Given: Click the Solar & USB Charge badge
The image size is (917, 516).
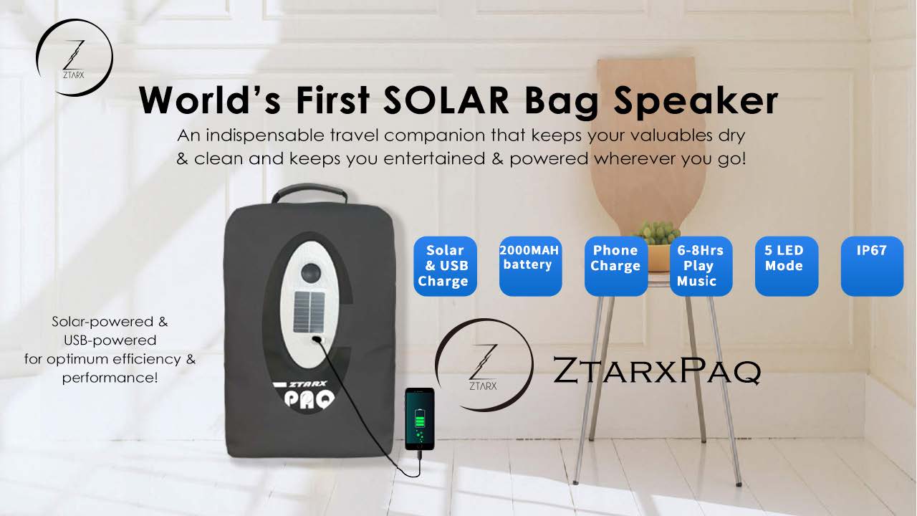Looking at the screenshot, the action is [x=445, y=266].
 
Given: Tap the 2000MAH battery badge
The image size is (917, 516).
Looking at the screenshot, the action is [x=530, y=266].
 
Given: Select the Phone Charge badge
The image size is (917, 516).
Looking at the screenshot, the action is [x=615, y=266].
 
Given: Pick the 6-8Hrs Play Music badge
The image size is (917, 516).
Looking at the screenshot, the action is [x=701, y=266].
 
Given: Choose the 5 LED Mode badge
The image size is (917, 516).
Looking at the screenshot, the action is [x=787, y=266].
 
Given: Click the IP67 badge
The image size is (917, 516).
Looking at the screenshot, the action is [x=872, y=266].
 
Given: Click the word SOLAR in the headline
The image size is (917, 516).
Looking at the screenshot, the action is [x=446, y=101].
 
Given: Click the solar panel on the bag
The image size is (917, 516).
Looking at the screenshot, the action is [x=309, y=312].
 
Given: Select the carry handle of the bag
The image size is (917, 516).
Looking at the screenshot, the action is [x=309, y=193].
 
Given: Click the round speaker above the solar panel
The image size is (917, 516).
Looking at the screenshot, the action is [x=311, y=272].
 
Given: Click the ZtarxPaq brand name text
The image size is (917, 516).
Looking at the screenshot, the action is [x=657, y=371].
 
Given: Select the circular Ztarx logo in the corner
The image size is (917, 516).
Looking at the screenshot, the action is [x=74, y=57].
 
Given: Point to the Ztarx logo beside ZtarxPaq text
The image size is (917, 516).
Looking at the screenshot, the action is [x=484, y=365].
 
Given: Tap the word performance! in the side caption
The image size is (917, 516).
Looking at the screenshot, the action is [x=110, y=378].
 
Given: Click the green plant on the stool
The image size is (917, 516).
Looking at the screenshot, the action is [x=658, y=233].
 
